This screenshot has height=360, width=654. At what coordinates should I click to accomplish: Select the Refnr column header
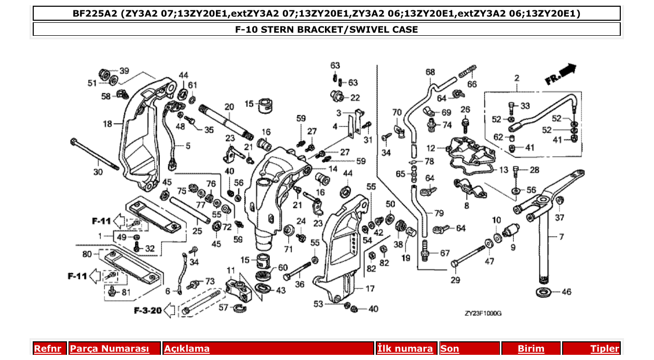47,349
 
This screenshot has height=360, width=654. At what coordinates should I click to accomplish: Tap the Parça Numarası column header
110,349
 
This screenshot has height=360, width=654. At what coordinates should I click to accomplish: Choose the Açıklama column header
187,349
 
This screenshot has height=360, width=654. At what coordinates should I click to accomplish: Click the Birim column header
531,349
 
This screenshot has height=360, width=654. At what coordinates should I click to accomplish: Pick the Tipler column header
604,349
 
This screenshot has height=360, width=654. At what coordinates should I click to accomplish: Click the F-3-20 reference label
147,311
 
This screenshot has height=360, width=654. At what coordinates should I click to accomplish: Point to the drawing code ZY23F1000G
483,313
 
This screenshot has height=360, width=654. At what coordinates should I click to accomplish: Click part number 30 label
98,172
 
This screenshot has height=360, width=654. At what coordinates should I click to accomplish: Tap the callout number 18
107,124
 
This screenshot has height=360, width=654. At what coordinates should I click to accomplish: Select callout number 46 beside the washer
566,292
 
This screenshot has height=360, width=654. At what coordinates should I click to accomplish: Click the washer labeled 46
543,291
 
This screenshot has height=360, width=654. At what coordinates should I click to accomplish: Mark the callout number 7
561,237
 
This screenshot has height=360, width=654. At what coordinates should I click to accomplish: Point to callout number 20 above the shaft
229,106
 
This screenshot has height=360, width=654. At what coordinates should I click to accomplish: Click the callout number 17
370,289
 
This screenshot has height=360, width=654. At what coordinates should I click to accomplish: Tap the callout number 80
87,254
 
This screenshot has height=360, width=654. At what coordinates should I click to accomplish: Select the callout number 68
430,72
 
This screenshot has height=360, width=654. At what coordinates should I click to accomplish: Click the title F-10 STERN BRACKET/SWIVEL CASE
326,30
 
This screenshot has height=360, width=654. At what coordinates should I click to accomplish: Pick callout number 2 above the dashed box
517,78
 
